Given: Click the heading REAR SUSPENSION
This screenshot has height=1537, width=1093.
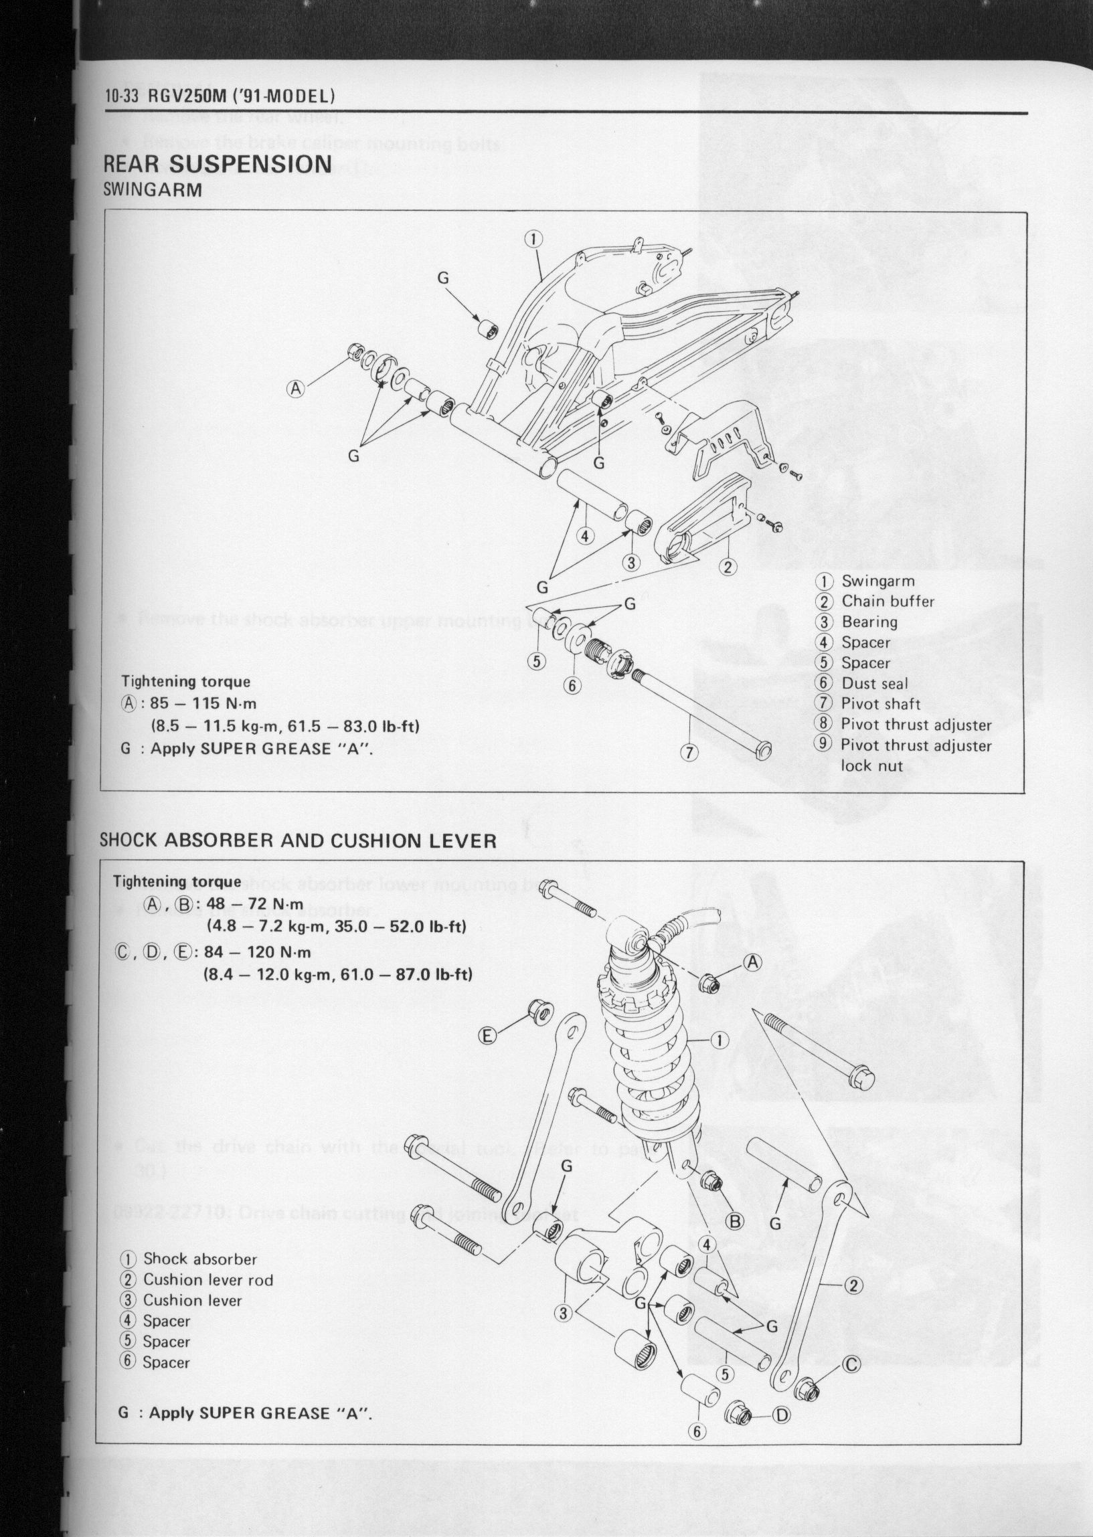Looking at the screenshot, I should click(x=218, y=163).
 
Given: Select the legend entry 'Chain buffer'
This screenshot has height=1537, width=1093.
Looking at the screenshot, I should click(x=887, y=602).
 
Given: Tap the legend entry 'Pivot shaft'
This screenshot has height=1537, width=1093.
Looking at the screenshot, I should click(x=880, y=704).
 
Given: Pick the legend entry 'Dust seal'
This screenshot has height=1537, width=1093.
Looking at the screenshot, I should click(x=874, y=683).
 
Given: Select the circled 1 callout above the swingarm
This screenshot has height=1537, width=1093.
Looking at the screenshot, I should click(x=532, y=238).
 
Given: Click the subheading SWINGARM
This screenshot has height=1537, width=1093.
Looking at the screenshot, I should click(x=153, y=189).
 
